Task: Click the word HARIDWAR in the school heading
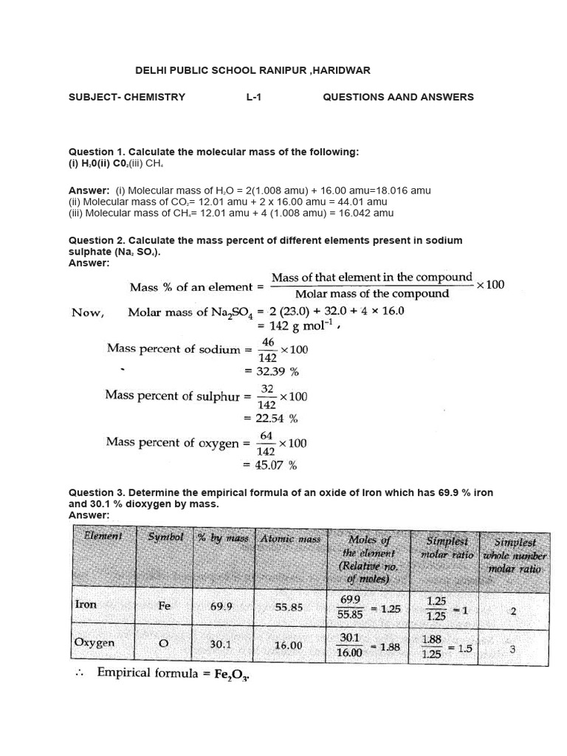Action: [x=340, y=70]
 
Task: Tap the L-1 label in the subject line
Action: [x=254, y=97]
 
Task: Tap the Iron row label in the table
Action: [x=86, y=604]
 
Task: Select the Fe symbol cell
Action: [x=164, y=605]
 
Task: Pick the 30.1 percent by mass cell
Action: [x=221, y=644]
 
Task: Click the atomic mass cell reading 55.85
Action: [x=289, y=606]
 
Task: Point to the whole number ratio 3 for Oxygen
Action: [x=512, y=650]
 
